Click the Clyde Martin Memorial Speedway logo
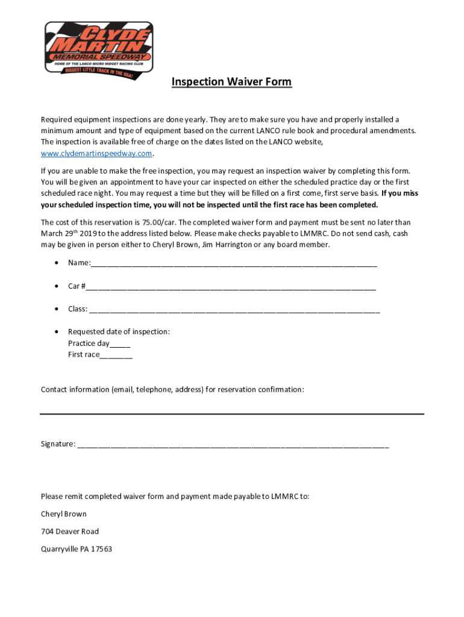tap(99, 48)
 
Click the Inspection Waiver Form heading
tap(231, 82)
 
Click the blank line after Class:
tap(234, 309)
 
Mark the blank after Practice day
tap(120, 344)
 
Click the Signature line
tap(233, 445)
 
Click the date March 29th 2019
tap(66, 234)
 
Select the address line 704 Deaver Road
tap(70, 531)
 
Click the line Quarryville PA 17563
tap(77, 549)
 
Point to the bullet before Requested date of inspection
tap(56, 332)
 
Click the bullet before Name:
tap(56, 263)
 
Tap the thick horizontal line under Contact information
tap(232, 414)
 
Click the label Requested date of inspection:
tap(119, 332)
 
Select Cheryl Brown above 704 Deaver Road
tap(64, 514)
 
